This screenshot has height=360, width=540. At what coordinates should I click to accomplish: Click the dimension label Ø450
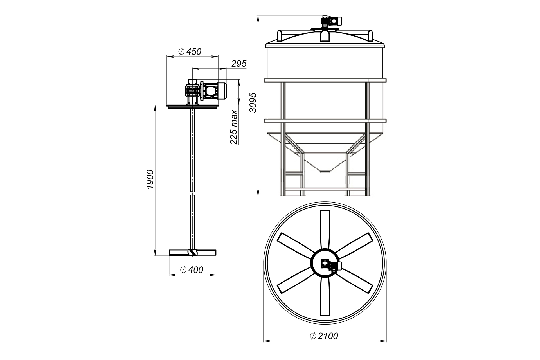click(x=190, y=51)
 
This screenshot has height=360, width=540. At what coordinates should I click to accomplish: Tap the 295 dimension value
click(x=239, y=64)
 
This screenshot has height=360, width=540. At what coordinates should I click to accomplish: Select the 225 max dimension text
click(x=234, y=127)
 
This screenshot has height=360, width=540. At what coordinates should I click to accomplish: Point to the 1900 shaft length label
click(x=150, y=179)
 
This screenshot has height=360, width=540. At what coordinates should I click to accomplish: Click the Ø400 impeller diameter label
click(x=192, y=270)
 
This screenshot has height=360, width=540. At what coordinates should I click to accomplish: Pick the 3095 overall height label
click(x=253, y=102)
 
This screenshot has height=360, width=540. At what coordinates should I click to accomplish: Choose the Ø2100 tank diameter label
click(x=324, y=336)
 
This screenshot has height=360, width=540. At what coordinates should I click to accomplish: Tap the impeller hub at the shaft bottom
click(x=192, y=252)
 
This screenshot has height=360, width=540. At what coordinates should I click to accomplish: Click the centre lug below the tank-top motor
click(x=325, y=36)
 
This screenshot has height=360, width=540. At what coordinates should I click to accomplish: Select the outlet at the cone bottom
click(x=325, y=171)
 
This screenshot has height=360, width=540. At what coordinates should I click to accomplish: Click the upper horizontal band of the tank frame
click(x=325, y=81)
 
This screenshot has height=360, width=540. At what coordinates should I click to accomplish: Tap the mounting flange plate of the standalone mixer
click(x=193, y=106)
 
